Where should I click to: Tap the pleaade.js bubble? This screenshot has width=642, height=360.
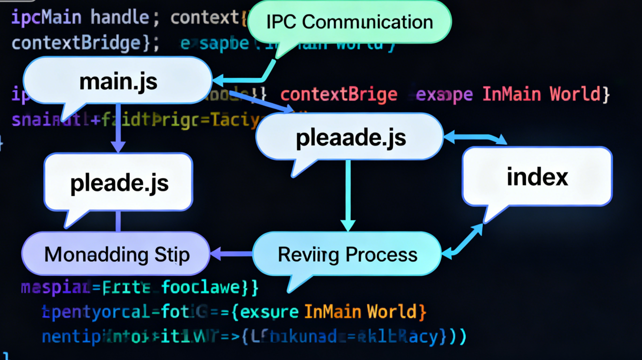click(351, 137)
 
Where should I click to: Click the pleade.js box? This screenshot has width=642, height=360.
click(119, 183)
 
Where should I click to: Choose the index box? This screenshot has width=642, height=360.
click(537, 177)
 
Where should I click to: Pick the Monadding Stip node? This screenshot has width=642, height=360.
click(116, 255)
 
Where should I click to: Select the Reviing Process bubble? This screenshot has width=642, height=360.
click(347, 255)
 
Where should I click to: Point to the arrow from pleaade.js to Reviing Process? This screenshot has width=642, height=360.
click(348, 195)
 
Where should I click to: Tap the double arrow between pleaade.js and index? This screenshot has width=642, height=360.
click(475, 138)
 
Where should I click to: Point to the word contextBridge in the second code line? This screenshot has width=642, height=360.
click(76, 43)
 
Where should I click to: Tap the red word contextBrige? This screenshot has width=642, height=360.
click(339, 95)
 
